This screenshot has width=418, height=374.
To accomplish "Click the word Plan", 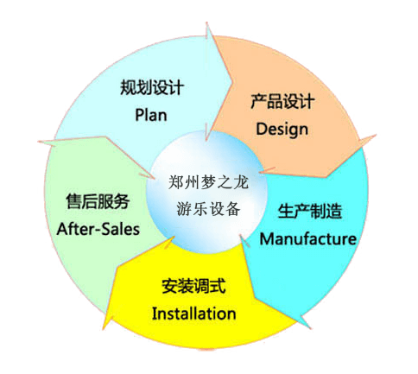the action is coord(151,115).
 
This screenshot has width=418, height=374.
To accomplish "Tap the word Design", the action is coord(282,130).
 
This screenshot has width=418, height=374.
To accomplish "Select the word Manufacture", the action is coord(307,239).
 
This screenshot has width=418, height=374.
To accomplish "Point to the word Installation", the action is coord(193,314).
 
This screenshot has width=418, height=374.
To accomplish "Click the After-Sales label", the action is coord(98,229).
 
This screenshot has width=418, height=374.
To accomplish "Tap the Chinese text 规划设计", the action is coord(152,87).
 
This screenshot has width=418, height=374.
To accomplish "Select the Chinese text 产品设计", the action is coord(282,101).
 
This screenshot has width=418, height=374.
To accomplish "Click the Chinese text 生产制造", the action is coord(310,211).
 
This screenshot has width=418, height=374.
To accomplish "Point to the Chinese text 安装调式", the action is coord(193,286).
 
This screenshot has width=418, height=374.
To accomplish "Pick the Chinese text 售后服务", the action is coord(98,201).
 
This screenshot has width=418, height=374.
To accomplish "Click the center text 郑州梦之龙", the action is coord(208,182).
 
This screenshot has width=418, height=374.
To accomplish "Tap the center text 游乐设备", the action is coord(208,209).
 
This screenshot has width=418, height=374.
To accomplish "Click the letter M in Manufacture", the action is coord(266,239).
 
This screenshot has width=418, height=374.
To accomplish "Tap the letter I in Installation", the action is coord(154,314).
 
